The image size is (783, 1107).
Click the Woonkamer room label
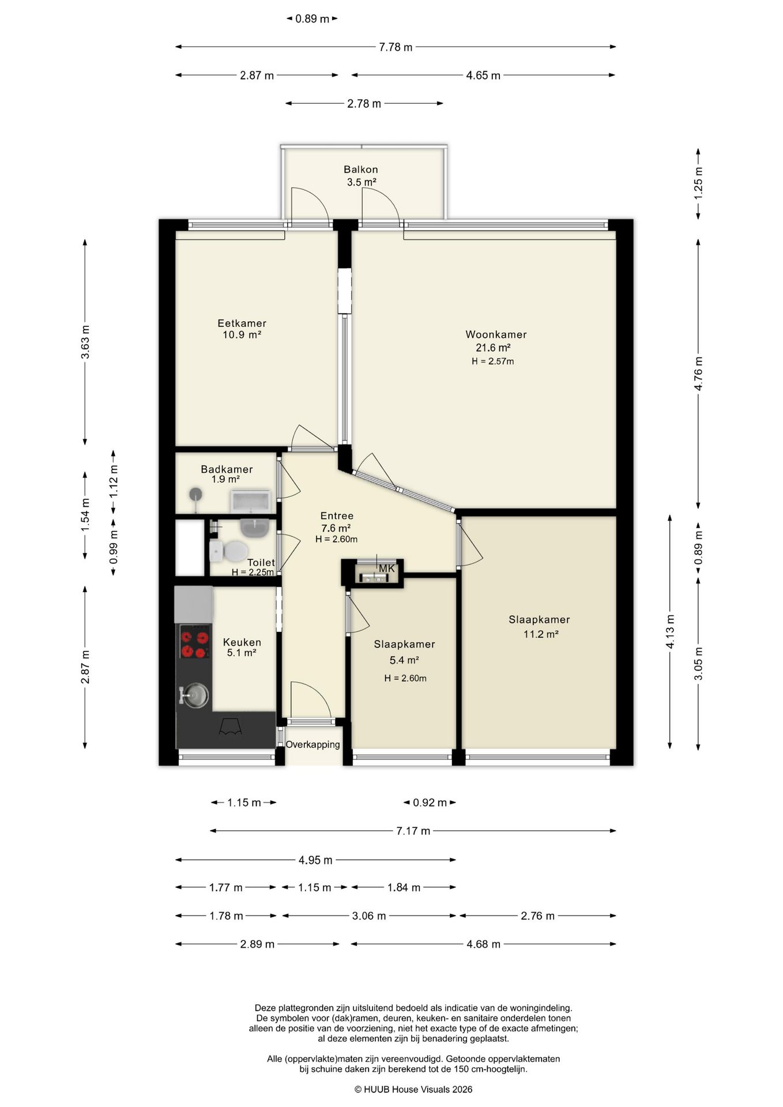coord(496,334)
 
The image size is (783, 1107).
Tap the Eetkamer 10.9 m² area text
coord(242,334)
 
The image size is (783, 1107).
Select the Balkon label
coord(361,170)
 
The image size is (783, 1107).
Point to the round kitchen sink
coord(194,695)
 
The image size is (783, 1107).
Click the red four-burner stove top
coord(194,645)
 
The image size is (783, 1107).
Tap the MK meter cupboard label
coord(387,568)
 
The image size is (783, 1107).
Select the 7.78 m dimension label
coord(396,47)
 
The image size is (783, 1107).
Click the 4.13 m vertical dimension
coord(670,631)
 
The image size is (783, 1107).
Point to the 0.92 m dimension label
coord(430,803)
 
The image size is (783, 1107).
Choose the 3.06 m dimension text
coord(369,916)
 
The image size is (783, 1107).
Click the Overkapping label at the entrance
coord(313,744)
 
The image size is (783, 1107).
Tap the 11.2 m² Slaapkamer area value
coord(541,634)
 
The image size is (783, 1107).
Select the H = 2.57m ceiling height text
coord(492,362)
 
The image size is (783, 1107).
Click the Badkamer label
coord(227,469)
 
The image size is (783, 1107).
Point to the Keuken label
coord(242,642)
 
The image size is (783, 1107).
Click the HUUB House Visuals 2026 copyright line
coord(413,1089)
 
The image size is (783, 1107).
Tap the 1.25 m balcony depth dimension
coord(698,183)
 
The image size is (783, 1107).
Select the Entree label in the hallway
coord(337,516)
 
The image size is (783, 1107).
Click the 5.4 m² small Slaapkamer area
coord(405,660)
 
